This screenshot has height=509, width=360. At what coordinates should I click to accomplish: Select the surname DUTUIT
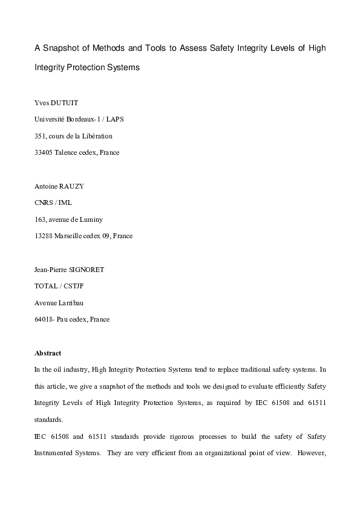point(64,103)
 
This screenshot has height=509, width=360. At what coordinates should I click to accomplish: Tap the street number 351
point(42,136)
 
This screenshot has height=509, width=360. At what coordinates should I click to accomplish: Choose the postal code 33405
point(45,152)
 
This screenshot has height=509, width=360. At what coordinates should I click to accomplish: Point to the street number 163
point(42,219)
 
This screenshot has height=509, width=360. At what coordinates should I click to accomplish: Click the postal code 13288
point(45,236)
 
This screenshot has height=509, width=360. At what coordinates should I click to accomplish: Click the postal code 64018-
point(46,319)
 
